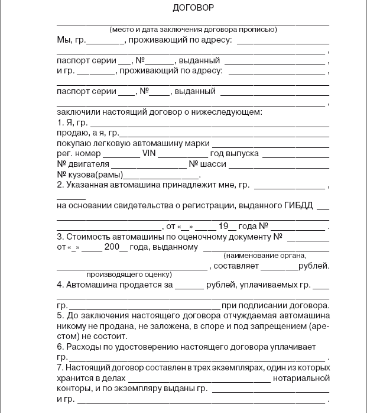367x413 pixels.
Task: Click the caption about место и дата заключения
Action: point(193,30)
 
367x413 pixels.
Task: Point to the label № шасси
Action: point(205,164)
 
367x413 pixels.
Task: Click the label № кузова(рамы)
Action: point(89,175)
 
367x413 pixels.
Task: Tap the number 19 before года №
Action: point(223,226)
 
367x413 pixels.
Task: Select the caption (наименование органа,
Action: point(265,256)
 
